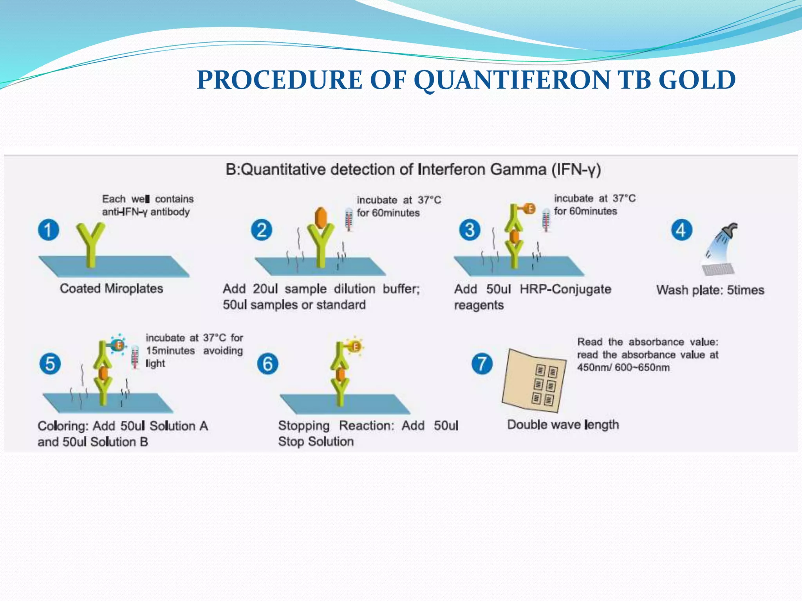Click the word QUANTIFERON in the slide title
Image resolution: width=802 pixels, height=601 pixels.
coord(512,80)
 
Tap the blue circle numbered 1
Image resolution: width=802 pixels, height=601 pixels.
coord(49,230)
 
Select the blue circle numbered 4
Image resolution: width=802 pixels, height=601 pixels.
coord(681,230)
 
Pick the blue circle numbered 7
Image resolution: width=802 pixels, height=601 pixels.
coord(482,363)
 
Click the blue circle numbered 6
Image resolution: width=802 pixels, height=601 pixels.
coord(268,364)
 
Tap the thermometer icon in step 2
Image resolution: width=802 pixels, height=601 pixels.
coord(349,219)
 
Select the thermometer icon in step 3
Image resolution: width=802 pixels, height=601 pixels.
coord(546,220)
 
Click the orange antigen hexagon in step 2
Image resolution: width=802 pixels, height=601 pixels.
coord(321,218)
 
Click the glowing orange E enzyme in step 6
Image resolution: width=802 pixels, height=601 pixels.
coord(356,347)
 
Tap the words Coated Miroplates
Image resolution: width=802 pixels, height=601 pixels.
coord(111,288)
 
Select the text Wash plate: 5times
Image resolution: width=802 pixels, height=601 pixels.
coord(710,290)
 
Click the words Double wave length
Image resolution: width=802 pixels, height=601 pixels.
coord(563,425)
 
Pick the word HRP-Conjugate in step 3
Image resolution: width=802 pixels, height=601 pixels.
coord(565,289)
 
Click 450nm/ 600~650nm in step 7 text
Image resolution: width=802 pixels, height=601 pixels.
coord(623,367)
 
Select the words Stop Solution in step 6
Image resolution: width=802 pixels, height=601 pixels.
coord(316,441)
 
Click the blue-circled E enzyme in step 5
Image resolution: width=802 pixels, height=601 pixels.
coord(119,345)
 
